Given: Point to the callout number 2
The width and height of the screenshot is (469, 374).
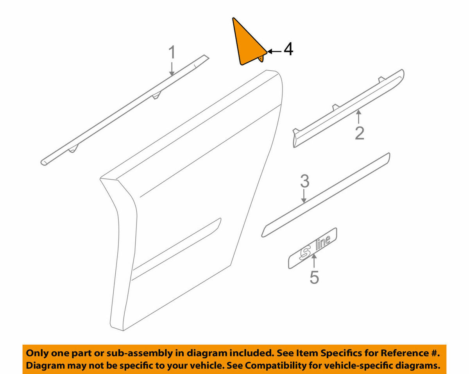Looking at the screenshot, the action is pos(360,133).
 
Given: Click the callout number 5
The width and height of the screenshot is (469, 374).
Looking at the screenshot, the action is pos(314,277).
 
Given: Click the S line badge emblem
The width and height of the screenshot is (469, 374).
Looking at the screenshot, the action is pos(313,248).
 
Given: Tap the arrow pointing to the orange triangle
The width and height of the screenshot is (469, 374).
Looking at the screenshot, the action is pos(274,52).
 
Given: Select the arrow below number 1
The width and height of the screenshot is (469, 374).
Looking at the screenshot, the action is pos(172,69).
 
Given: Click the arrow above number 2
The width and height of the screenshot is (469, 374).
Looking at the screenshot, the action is pos(358,117).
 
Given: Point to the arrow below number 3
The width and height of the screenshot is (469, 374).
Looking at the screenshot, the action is pos(304,196).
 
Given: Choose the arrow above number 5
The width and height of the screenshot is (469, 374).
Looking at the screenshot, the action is pos(314,261).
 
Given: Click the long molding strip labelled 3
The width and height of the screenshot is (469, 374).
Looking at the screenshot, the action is pos(326,195).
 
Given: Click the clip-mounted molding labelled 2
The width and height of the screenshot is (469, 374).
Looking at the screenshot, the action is pos(348,109).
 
